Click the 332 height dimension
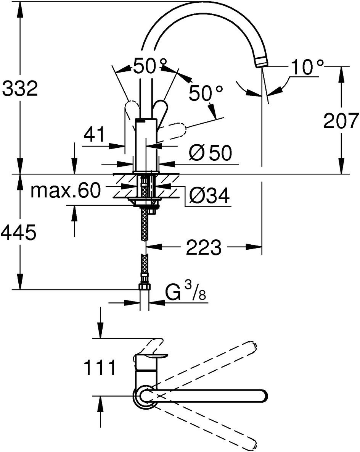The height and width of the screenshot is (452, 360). pyautogui.click(x=20, y=89)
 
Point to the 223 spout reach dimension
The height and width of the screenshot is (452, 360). pyautogui.click(x=203, y=248)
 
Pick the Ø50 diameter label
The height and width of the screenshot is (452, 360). pyautogui.click(x=210, y=153)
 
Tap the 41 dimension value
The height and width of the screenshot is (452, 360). pyautogui.click(x=95, y=136)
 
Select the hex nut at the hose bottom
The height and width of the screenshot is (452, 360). pyautogui.click(x=145, y=287)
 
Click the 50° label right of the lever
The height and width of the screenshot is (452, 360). pyautogui.click(x=206, y=93)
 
